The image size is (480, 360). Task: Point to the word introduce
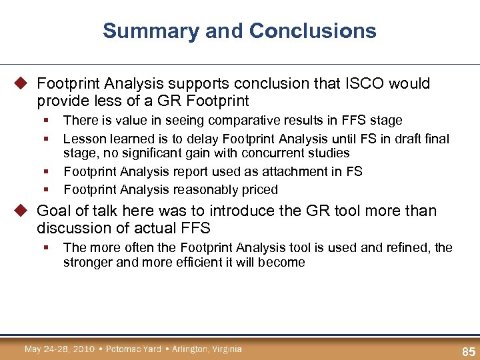tap(271, 211)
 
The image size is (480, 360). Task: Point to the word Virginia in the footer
tap(226, 349)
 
